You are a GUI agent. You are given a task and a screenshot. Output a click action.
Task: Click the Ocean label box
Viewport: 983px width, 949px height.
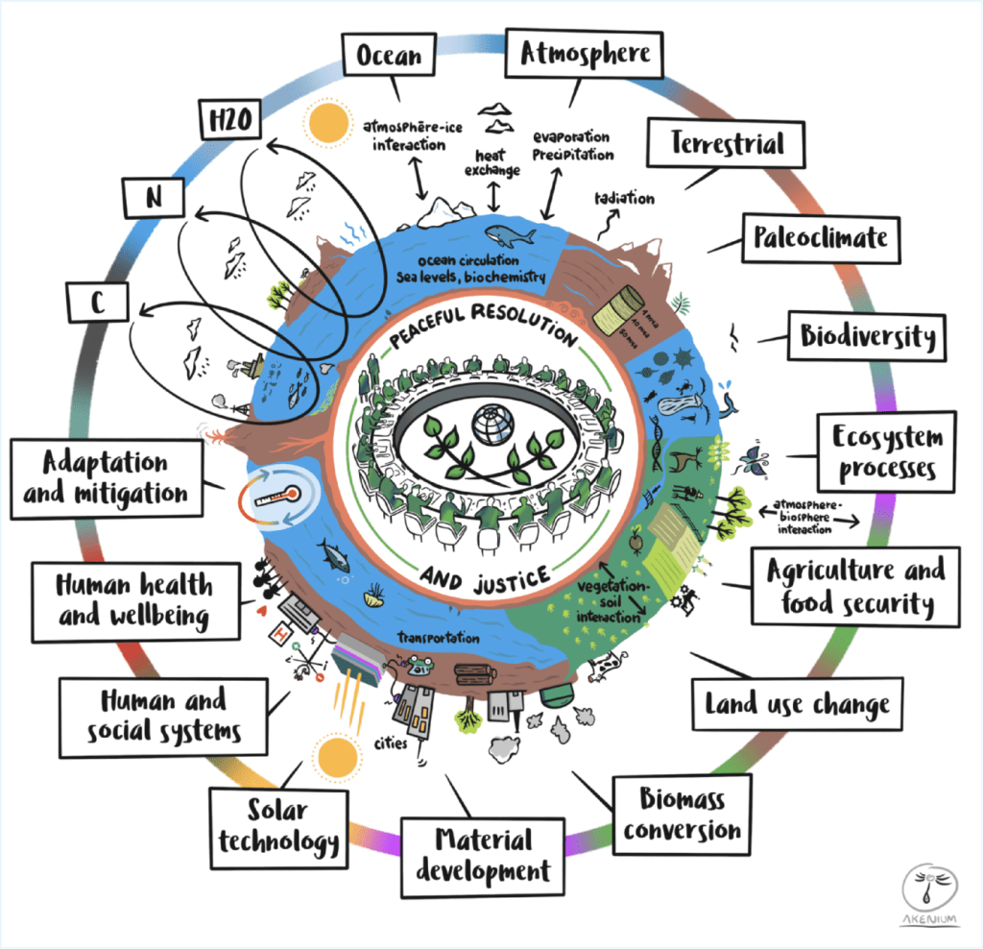[389, 56]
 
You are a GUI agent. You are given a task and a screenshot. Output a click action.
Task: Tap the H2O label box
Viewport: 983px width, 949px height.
[231, 121]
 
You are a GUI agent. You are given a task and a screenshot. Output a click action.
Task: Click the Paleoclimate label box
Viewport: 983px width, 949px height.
[820, 236]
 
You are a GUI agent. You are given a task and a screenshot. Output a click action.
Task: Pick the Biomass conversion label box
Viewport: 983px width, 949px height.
[682, 815]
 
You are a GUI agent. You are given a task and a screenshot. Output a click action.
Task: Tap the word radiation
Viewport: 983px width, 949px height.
[624, 199]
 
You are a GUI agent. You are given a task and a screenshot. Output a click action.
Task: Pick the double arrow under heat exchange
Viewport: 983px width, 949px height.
[493, 195]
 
